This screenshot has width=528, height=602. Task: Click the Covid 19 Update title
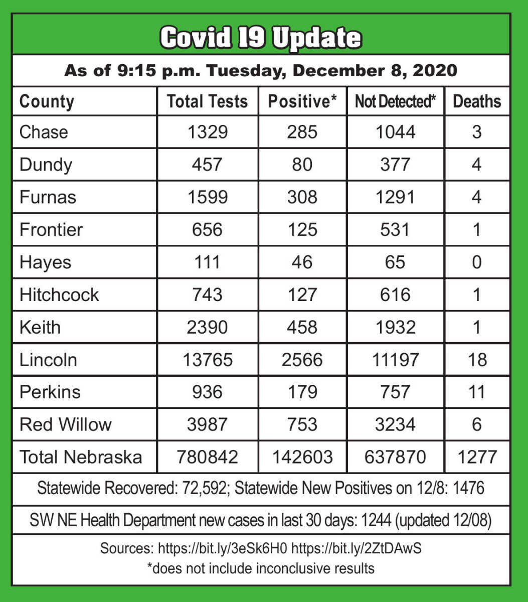point(261,38)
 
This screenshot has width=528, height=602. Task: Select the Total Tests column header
point(207,101)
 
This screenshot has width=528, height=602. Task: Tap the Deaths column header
point(477,101)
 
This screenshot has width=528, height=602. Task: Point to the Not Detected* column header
point(395,101)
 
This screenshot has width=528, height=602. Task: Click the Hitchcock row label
point(59,294)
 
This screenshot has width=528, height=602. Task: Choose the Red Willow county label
point(65,424)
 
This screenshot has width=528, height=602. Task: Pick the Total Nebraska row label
point(80,457)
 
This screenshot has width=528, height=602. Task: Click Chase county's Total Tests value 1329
point(207,132)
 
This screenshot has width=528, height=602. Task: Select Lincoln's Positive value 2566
point(302,360)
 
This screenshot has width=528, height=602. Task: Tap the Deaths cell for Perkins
point(477,392)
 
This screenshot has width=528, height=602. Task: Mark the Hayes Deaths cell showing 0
point(477,262)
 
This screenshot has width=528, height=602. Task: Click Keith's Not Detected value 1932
point(395,327)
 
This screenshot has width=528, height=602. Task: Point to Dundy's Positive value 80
point(302,165)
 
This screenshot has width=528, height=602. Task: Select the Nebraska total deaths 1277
point(477,457)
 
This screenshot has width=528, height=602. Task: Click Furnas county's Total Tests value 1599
point(207,197)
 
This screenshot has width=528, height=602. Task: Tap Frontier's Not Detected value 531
point(395,230)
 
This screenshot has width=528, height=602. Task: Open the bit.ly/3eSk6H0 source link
point(223,548)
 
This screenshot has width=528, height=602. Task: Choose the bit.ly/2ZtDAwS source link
point(356,548)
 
